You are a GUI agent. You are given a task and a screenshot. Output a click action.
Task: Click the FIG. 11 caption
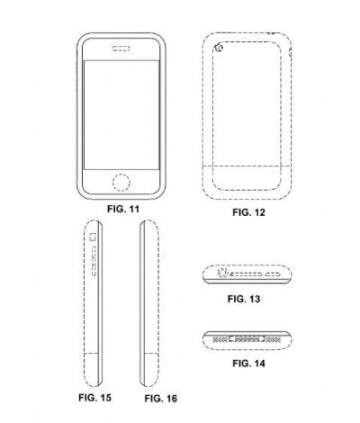pos(123,209)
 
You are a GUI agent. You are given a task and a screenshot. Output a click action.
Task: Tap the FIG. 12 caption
pos(249,212)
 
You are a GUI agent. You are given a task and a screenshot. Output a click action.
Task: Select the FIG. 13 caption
pos(244,299)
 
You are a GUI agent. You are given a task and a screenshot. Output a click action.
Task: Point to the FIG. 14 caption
pos(248,364)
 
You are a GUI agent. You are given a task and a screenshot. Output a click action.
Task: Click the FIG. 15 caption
pos(94,398)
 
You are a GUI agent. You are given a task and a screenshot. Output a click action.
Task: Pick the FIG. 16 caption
pos(161,399)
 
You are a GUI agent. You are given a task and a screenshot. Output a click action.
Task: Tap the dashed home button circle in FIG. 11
pos(121,182)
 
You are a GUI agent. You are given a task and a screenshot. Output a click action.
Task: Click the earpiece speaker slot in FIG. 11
pos(121,49)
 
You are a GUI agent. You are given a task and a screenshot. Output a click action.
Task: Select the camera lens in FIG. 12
pos(220,48)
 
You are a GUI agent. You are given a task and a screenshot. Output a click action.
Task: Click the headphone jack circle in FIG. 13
pos(223,273)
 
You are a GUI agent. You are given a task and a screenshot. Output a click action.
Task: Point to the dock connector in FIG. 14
pos(247,338)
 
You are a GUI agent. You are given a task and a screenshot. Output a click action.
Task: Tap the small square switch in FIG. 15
pos(93,237)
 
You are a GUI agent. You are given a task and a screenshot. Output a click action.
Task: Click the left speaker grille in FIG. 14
pos(220,339)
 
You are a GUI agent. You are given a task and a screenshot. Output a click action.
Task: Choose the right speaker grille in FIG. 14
pos(274,339)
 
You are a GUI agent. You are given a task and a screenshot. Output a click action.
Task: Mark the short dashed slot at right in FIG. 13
pos(273,274)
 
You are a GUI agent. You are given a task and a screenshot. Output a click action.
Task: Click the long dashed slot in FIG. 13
pos(246,274)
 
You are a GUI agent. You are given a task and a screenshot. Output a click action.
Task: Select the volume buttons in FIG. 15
pos(94,260)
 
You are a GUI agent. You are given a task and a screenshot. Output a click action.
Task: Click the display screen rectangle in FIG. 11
pos(121,115)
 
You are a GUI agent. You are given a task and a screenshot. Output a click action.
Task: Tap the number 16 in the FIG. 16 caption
pos(171,399)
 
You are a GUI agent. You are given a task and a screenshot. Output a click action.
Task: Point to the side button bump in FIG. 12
pos(290,52)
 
